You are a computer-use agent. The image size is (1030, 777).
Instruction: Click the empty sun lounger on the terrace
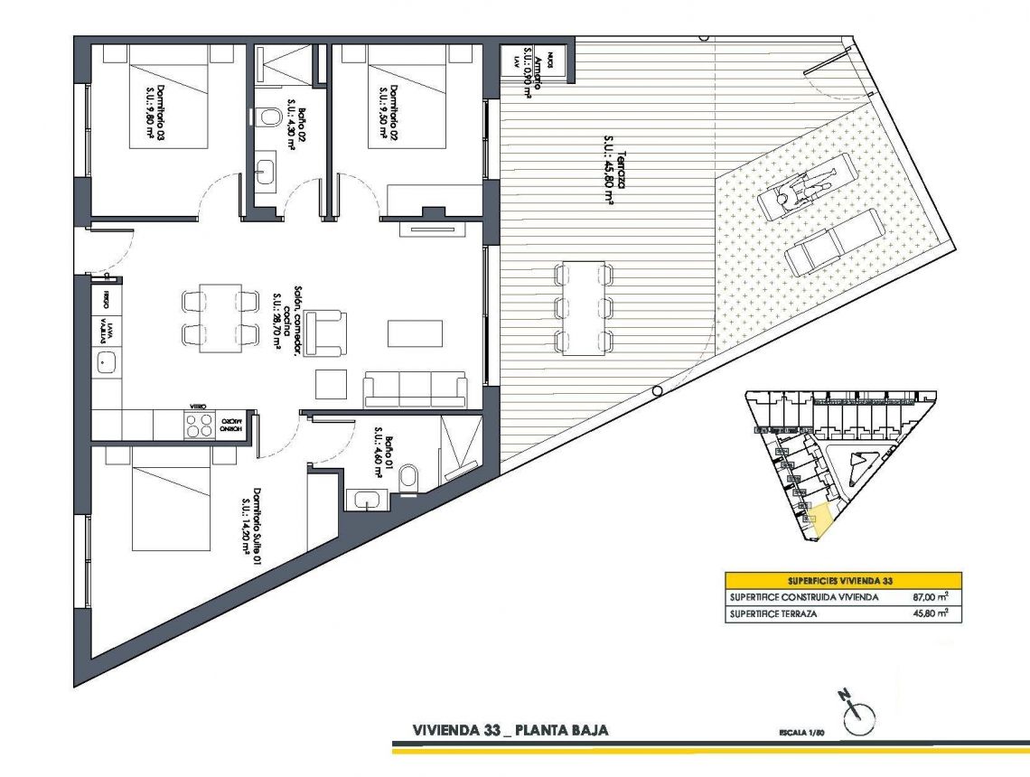click(x=833, y=243)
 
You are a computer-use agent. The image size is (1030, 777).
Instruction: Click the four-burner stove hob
click(x=198, y=426)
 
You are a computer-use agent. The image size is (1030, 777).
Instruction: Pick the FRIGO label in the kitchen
click(x=107, y=298)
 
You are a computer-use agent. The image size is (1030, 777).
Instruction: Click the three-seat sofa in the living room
click(x=416, y=388)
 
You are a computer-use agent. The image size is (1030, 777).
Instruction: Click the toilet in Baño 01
click(x=407, y=478)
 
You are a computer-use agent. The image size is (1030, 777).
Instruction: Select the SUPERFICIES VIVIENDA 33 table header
click(x=842, y=580)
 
